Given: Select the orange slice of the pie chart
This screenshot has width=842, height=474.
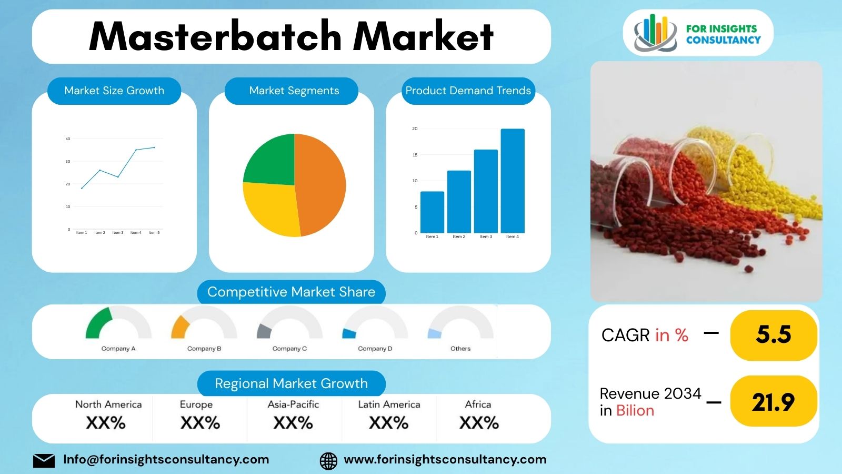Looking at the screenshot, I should coord(321,184).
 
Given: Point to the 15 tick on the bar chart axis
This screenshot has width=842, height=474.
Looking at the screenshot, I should coord(415,155).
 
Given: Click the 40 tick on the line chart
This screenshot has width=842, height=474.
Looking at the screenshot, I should coord(67,139).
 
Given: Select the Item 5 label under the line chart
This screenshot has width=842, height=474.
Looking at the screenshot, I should coord(154,232).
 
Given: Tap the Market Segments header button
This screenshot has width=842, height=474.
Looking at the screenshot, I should coord(294,91).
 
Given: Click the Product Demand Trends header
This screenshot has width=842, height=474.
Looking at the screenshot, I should coord(468,91).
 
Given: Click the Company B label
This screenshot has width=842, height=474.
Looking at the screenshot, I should coord(204,349).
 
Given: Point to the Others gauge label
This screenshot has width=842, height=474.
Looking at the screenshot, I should coord(460,349).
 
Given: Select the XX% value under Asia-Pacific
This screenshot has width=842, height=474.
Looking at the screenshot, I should coord(293,423).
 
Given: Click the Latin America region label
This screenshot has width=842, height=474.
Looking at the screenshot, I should coord(389,404).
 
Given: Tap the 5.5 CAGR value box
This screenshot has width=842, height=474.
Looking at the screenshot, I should coord(773,335).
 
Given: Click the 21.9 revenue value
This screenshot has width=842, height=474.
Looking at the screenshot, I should coord(773,402).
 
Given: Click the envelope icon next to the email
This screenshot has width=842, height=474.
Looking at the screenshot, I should coord(44,460).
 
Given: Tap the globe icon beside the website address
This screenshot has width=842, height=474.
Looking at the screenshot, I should coord(328,460).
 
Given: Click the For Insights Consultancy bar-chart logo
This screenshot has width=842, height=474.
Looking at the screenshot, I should coord(655,33).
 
